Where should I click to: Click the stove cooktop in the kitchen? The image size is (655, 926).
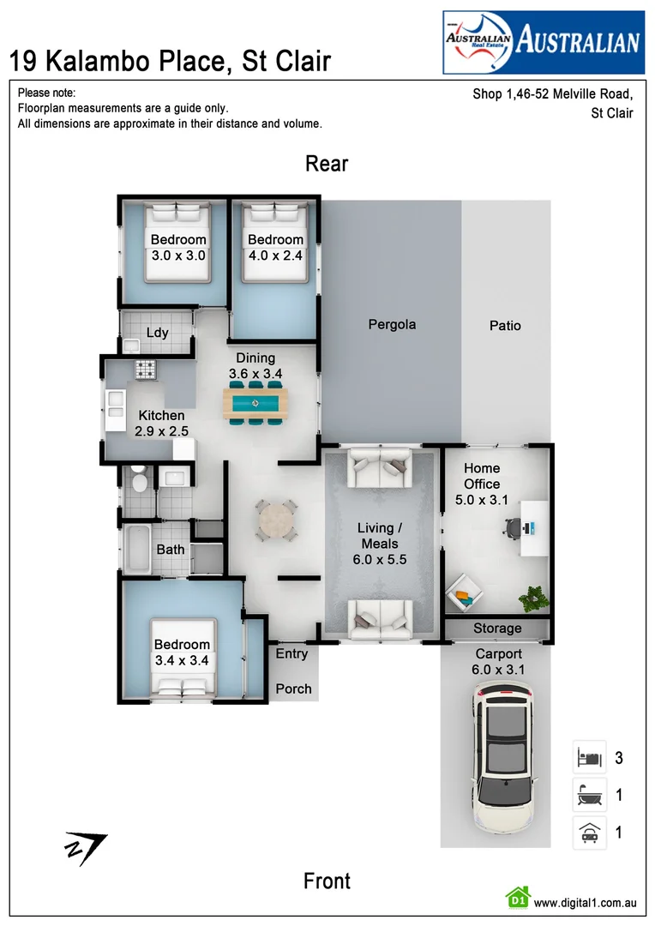pos(145,370)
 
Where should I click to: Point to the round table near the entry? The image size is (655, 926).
pos(277,520)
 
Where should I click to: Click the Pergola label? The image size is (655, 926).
pos(392,324)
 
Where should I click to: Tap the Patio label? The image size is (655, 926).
pos(505,325)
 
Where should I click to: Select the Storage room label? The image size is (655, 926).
pos(497,628)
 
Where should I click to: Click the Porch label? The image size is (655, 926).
pos(293,688)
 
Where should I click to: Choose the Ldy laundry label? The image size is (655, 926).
pos(157,333)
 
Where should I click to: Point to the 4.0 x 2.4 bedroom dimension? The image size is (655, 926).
pos(275,255)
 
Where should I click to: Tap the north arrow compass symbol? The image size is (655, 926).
pos(86,847)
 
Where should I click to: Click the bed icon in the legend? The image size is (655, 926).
pos(589,758)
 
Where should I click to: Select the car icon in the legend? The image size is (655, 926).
pos(589,833)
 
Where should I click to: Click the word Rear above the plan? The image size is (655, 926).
pos(327,164)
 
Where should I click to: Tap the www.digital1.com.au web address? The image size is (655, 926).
pos(585,902)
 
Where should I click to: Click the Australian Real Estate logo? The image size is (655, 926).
pos(543,41)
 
